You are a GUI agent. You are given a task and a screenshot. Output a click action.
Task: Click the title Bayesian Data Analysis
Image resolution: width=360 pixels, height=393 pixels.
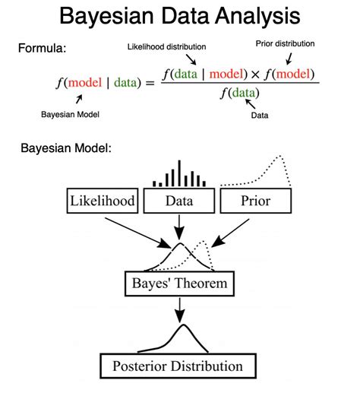(180, 17)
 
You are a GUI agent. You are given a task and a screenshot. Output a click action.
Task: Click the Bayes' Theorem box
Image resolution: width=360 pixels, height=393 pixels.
(180, 286)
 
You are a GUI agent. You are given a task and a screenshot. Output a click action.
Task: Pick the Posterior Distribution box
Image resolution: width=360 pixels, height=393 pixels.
(179, 366)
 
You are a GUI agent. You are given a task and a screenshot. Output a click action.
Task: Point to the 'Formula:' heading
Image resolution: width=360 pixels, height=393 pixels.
(44, 48)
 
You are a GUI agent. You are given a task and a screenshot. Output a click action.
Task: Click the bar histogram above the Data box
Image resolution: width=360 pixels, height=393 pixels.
(180, 175)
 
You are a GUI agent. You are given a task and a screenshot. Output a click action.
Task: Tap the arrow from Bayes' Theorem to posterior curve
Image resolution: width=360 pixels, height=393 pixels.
(180, 309)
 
